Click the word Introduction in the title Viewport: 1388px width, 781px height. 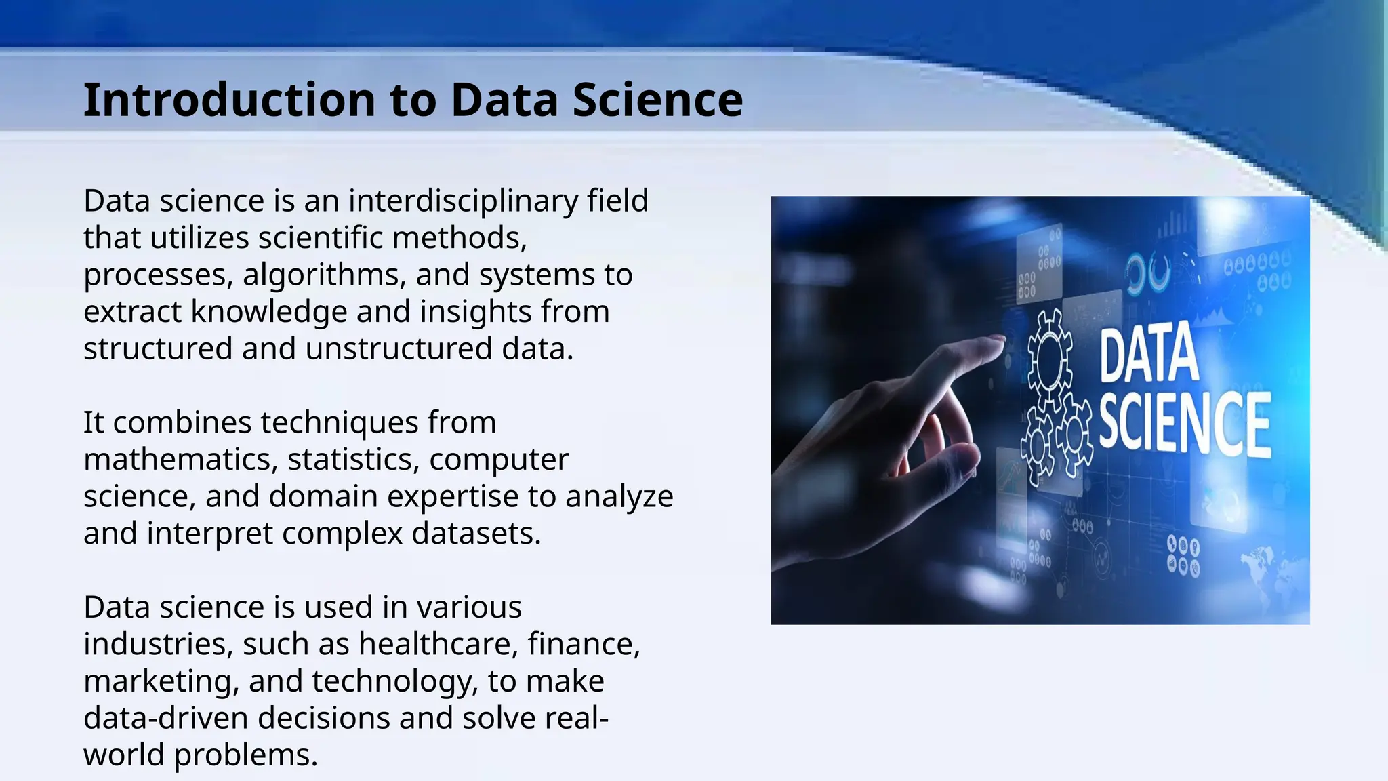[x=229, y=100]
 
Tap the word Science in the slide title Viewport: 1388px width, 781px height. [x=657, y=100]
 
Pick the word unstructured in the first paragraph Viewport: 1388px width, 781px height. [x=399, y=349]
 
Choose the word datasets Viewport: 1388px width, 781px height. [x=476, y=534]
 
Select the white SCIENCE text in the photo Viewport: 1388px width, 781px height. [x=1183, y=423]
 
